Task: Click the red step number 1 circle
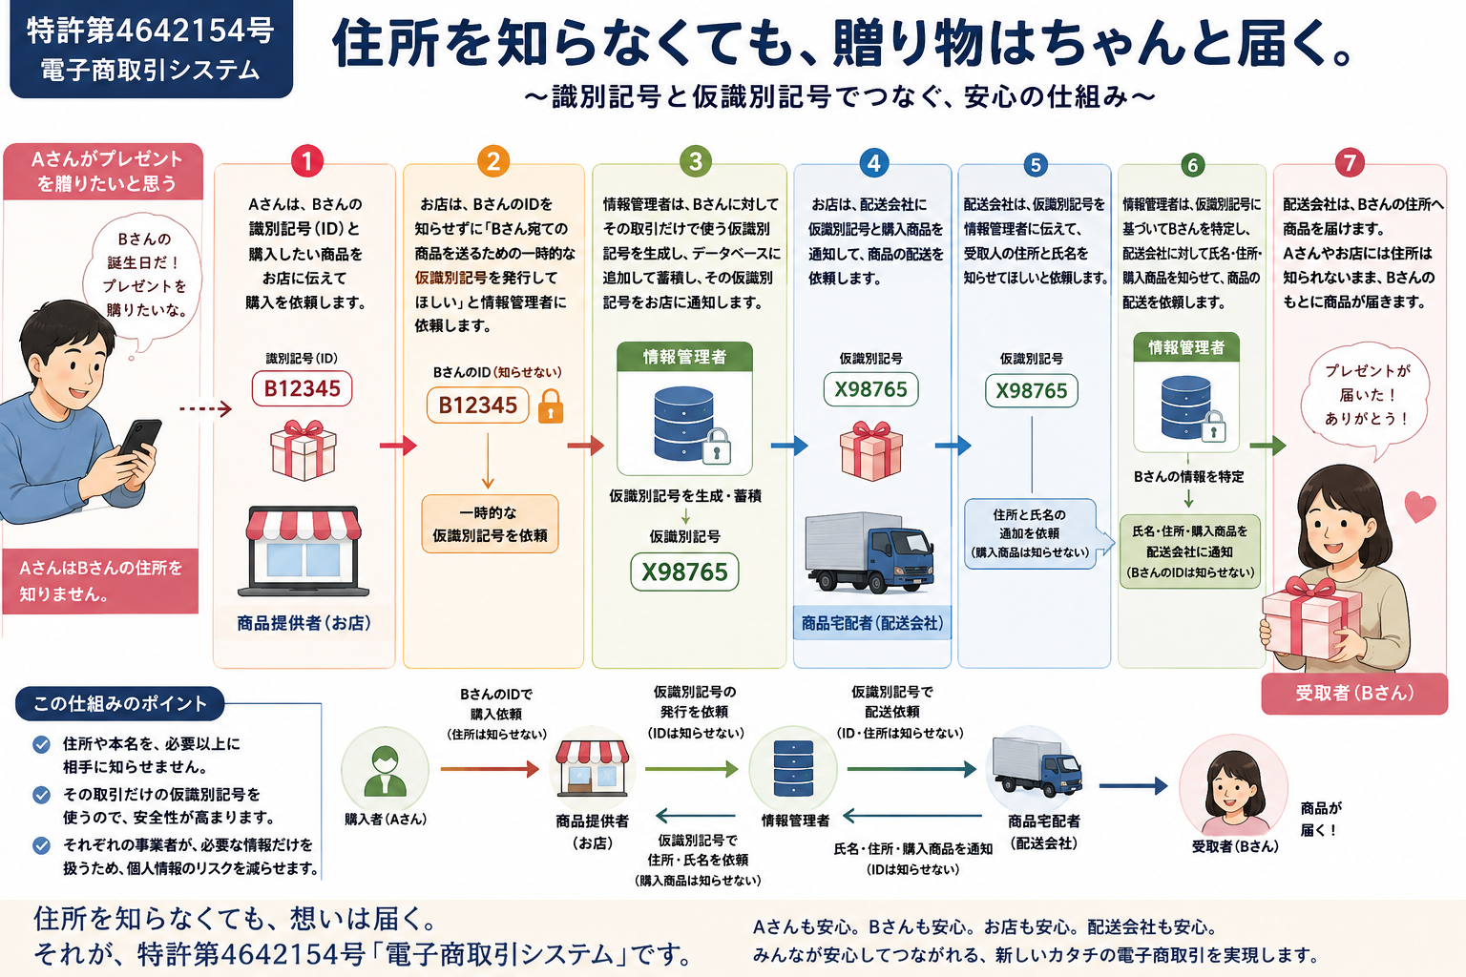click(x=307, y=161)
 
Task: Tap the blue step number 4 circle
click(x=873, y=162)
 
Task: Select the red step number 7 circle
click(x=1350, y=162)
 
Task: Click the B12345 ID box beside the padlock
click(x=478, y=405)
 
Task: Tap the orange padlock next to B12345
click(x=551, y=407)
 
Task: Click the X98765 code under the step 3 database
click(x=684, y=572)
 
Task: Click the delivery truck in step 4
click(x=869, y=553)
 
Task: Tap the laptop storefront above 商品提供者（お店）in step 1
click(x=303, y=551)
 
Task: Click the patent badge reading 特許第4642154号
click(x=151, y=49)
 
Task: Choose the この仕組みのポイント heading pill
click(x=119, y=703)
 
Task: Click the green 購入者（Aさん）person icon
click(x=385, y=771)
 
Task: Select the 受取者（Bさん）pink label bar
click(x=1354, y=693)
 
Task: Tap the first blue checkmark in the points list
click(x=41, y=745)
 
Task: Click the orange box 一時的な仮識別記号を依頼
click(x=491, y=524)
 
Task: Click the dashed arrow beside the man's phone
click(x=205, y=409)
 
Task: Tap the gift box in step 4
click(x=871, y=451)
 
